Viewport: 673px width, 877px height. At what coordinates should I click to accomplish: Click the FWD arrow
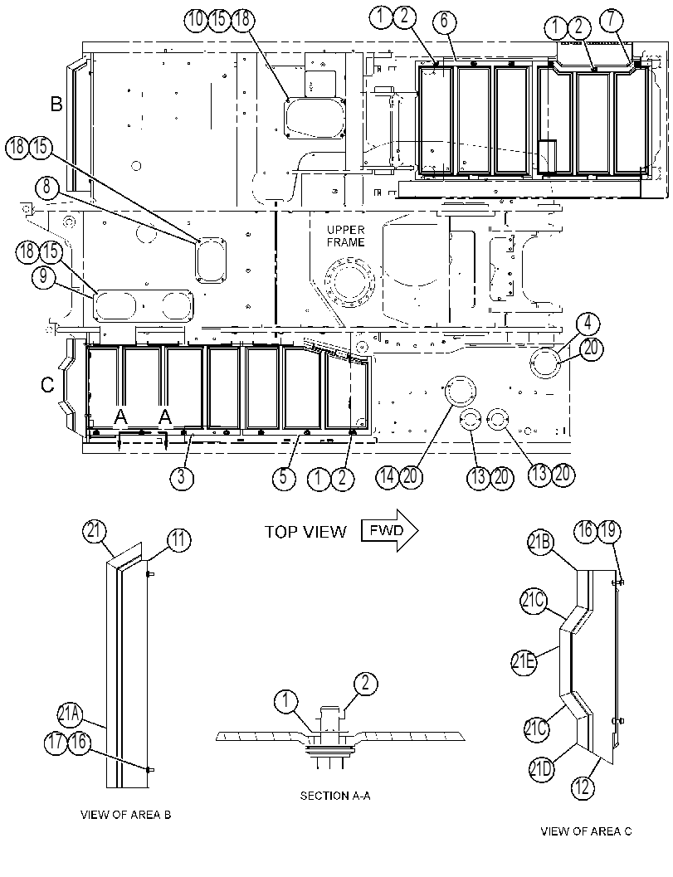point(390,530)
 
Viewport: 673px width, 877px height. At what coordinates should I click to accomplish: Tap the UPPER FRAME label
point(346,236)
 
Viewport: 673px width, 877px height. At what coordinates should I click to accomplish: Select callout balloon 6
point(445,21)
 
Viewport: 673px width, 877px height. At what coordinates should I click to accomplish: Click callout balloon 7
point(611,20)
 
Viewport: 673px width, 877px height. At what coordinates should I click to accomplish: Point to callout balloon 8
point(46,188)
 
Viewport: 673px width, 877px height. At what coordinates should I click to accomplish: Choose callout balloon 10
point(196,20)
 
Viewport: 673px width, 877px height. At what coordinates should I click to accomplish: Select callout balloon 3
point(181,477)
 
